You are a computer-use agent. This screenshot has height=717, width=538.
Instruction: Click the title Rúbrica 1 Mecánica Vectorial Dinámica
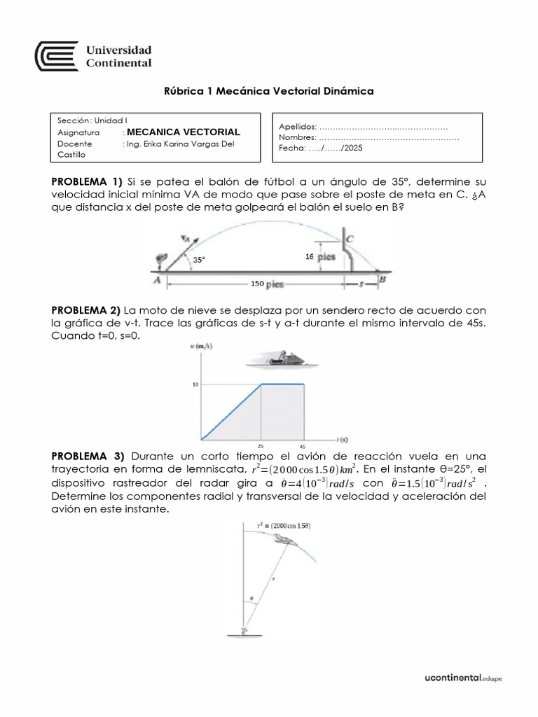coord(268,91)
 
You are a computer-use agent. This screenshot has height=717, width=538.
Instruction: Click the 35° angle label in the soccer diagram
coord(200,259)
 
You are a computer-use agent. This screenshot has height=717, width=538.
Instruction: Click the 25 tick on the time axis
coord(261,446)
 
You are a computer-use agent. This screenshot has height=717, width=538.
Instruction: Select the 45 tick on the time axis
coord(303,446)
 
